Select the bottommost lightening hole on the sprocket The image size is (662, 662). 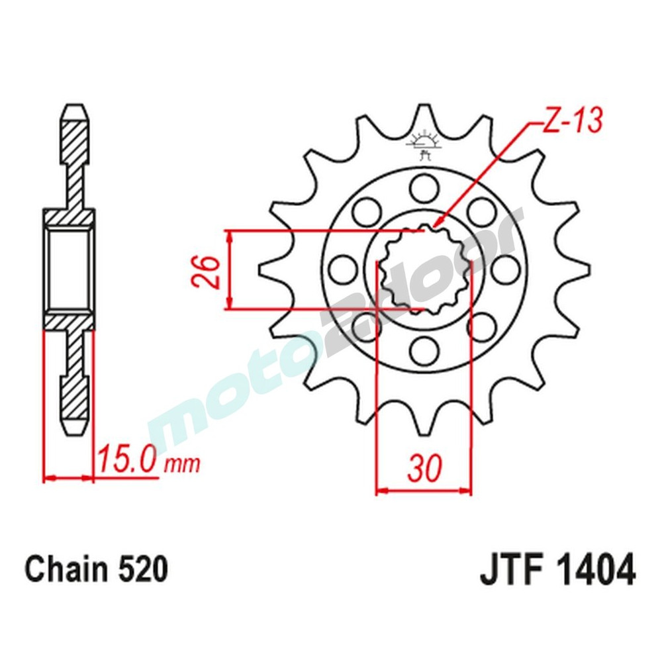coord(424,349)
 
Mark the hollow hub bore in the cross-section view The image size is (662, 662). coord(68,268)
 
